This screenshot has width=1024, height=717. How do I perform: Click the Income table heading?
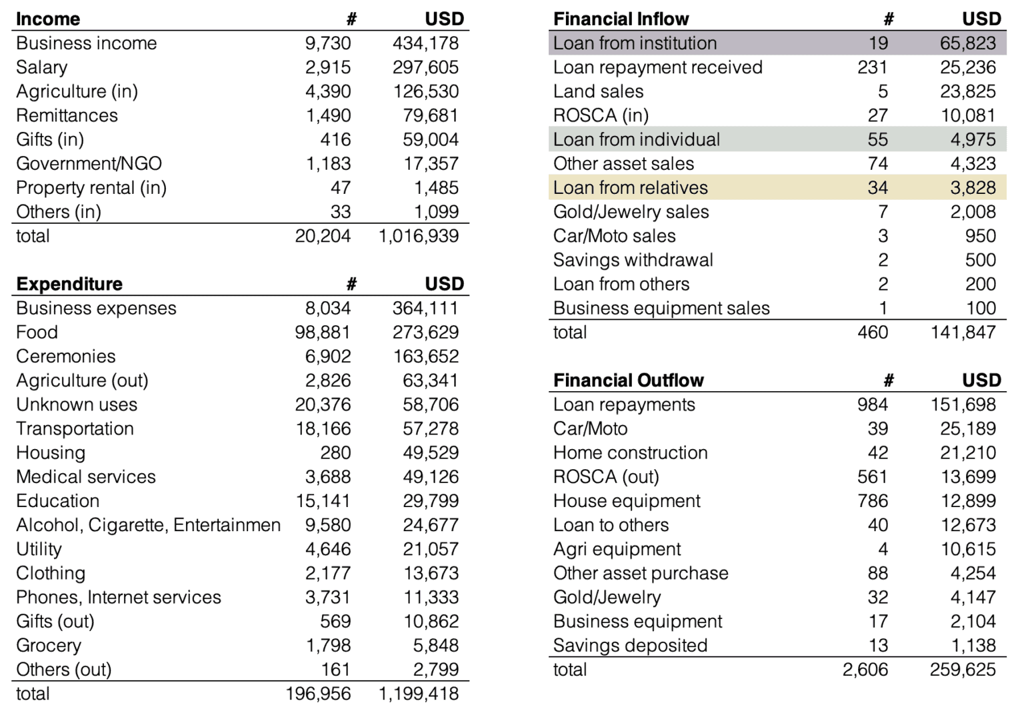point(48,19)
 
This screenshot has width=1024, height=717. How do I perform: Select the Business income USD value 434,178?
point(425,43)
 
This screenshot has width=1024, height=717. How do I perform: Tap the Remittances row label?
point(67,115)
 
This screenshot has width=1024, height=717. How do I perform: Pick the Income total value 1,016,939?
point(419,236)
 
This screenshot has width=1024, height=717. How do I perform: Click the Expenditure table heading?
point(69,284)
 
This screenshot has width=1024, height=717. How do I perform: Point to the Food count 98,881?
point(323,332)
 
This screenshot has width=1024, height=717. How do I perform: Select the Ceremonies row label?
point(65,356)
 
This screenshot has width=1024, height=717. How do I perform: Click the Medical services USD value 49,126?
point(431,476)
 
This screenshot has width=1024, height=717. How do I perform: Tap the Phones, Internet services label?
point(119,597)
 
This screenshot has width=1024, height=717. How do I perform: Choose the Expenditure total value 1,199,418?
point(419,694)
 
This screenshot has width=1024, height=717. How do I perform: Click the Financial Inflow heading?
point(621,19)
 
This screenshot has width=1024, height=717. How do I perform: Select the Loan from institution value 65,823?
point(968,43)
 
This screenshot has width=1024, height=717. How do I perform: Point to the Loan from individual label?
point(637,139)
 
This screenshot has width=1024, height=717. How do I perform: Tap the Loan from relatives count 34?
point(877,188)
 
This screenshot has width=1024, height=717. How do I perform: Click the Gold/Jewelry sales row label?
point(631,212)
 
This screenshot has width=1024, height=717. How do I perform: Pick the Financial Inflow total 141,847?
point(963,332)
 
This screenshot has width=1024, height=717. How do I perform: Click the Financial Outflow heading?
point(628,380)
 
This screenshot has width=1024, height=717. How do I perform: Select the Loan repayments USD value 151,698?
point(963,404)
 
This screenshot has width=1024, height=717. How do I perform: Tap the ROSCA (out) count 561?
point(873,476)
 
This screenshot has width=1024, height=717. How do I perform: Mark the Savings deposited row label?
point(630,645)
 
